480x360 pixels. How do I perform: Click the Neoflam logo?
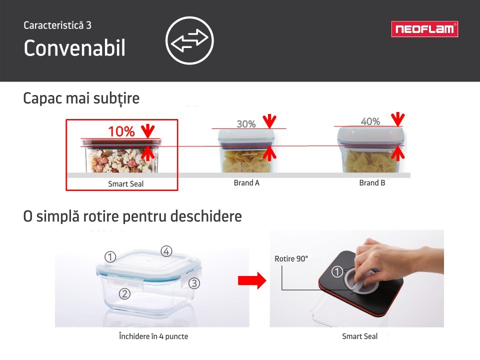[424, 29]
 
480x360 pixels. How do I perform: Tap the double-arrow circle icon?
[189, 40]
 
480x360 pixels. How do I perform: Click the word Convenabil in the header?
[74, 48]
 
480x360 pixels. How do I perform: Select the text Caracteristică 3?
[57, 25]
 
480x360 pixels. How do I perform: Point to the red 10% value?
[121, 131]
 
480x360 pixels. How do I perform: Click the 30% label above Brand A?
[246, 124]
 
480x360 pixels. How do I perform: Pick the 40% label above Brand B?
[370, 121]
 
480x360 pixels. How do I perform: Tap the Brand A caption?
[246, 183]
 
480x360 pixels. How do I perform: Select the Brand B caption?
[372, 183]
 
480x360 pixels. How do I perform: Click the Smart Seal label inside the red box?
[126, 183]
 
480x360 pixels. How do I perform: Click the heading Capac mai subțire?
[81, 98]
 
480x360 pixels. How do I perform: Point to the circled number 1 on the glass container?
[110, 257]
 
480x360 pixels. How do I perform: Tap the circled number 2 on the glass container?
[124, 294]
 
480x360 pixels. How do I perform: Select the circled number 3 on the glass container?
[194, 283]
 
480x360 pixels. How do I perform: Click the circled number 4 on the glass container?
[166, 251]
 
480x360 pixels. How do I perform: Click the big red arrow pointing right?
[252, 280]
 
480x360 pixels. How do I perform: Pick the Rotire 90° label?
[291, 258]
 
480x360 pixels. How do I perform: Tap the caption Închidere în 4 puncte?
[153, 336]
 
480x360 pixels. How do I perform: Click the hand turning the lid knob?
[395, 260]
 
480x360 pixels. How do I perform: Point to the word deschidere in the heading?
[206, 216]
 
